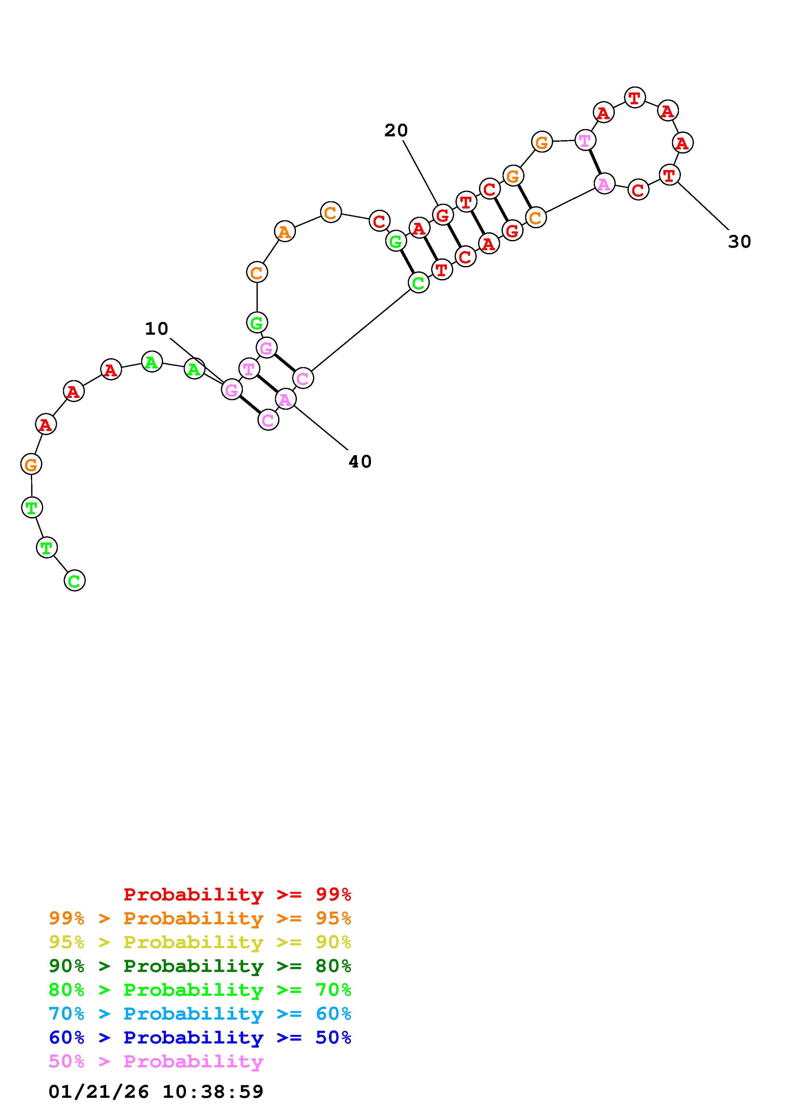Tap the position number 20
(396, 130)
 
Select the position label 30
(739, 242)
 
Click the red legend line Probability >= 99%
(237, 894)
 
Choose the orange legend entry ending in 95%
(200, 918)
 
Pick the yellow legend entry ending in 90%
(200, 942)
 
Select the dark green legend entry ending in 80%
(200, 966)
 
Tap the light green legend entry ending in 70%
(200, 990)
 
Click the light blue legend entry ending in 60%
(200, 1014)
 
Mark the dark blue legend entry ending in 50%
(200, 1037)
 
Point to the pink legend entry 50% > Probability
(156, 1061)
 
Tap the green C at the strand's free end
(74, 580)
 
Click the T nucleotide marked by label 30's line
(669, 175)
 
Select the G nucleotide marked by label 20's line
(442, 215)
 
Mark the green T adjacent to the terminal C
(47, 548)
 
